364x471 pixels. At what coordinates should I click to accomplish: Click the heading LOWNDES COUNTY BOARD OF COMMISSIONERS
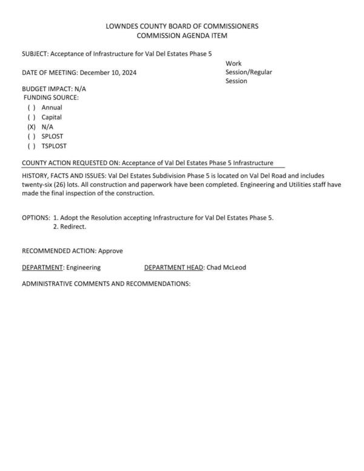tap(182, 26)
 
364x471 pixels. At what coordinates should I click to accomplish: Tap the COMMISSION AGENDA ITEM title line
tap(182, 36)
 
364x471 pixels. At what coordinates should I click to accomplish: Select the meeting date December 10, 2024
tap(108, 73)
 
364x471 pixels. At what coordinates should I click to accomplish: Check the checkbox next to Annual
tap(32, 107)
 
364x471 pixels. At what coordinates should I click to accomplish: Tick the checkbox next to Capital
tap(32, 117)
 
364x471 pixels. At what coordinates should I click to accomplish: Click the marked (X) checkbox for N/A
tap(32, 127)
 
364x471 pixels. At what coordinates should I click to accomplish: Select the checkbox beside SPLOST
tap(32, 137)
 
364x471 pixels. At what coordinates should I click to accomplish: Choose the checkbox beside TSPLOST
tap(32, 146)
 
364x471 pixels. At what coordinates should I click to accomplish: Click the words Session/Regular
tap(249, 72)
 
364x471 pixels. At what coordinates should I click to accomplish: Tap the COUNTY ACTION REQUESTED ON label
tap(70, 163)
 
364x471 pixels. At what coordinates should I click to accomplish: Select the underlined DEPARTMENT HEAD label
tap(174, 267)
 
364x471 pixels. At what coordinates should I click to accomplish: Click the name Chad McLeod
tap(226, 267)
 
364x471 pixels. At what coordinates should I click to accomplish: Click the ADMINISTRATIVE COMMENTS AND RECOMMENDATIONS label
tap(106, 283)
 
